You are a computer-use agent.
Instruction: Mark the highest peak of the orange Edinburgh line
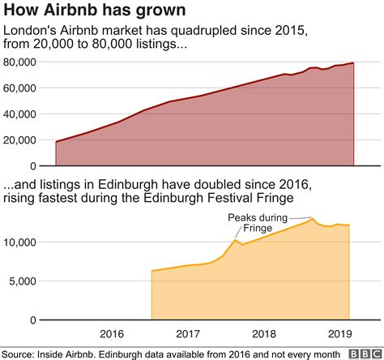tap(312, 218)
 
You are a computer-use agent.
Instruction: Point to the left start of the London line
tap(56, 142)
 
